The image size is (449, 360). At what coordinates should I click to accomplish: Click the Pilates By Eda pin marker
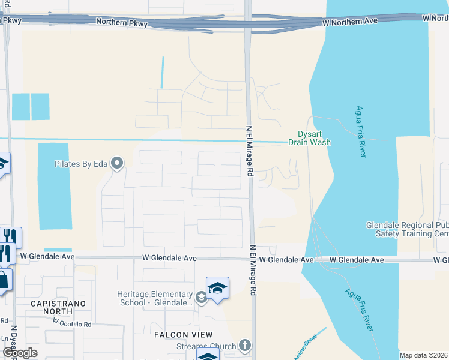pyautogui.click(x=118, y=163)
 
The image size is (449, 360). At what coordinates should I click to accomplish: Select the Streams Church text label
pyautogui.click(x=205, y=346)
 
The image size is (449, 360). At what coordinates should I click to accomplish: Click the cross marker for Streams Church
pyautogui.click(x=244, y=346)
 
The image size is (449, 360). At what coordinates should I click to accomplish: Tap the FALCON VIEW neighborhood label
pyautogui.click(x=182, y=335)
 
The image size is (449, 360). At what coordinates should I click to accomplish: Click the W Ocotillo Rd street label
pyautogui.click(x=71, y=323)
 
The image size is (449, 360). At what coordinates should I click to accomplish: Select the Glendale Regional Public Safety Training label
pyautogui.click(x=408, y=229)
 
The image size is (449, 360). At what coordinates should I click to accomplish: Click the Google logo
pyautogui.click(x=20, y=353)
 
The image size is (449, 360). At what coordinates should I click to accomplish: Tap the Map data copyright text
pyautogui.click(x=423, y=355)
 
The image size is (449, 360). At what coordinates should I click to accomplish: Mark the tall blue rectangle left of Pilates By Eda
pyautogui.click(x=55, y=187)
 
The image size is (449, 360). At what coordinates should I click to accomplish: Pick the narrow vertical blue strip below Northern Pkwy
pyautogui.click(x=162, y=73)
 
